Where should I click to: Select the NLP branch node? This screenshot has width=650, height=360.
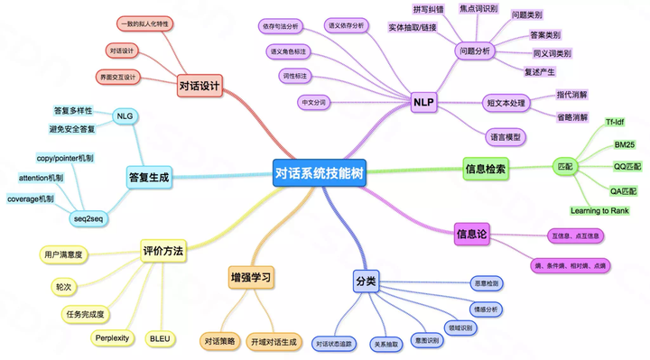coord(424,103)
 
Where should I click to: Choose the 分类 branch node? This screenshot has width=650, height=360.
coord(366,282)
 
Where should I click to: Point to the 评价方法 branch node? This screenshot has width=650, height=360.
coord(163,253)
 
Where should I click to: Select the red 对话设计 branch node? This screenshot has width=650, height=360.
coord(200,87)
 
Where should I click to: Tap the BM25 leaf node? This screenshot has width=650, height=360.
coord(624,144)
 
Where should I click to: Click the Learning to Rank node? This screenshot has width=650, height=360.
coord(600,210)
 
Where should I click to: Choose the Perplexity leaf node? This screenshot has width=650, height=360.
coord(113,338)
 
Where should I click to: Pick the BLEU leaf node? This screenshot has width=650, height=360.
coord(160,338)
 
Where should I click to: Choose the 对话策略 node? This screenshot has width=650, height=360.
coord(219,341)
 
